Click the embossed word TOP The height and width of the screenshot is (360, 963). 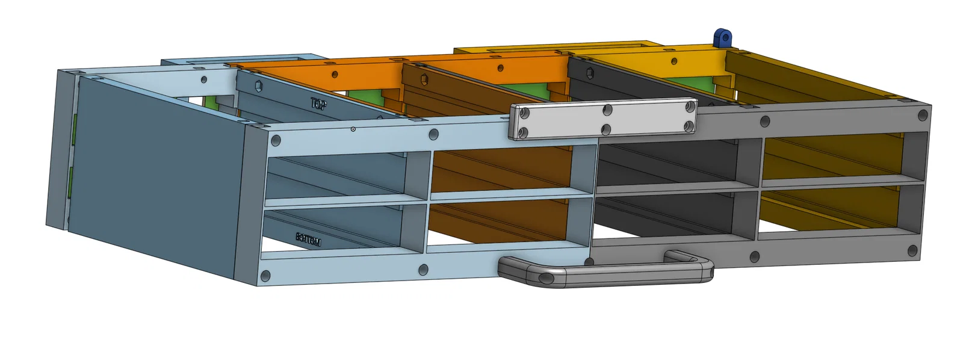318,104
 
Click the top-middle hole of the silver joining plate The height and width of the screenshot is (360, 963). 608,110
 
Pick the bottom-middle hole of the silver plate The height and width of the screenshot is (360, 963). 606,129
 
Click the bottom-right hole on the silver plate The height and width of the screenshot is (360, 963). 688,126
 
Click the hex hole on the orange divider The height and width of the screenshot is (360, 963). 424,79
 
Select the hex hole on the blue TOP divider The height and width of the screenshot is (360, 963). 258,86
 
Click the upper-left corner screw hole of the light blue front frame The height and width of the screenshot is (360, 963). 276,141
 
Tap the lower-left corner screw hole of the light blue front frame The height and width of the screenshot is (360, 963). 265,276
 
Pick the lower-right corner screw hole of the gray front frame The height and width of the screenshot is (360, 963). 912,250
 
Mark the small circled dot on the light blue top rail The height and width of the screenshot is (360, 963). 353,129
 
